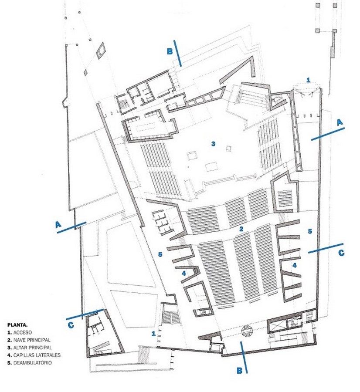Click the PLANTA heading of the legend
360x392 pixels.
click(17, 325)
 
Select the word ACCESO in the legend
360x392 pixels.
click(23, 332)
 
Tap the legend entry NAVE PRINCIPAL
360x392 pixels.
click(32, 340)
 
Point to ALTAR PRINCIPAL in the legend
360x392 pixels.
click(33, 348)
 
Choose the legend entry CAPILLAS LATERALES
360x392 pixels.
click(37, 355)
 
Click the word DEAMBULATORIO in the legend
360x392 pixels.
click(33, 362)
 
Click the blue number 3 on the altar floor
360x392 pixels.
click(213, 144)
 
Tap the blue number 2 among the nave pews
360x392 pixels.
click(241, 229)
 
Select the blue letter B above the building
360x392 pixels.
click(170, 51)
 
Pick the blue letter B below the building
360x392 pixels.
click(239, 370)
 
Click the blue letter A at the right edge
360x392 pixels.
click(340, 122)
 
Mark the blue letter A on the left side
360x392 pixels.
click(58, 225)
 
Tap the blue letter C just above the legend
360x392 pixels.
click(71, 325)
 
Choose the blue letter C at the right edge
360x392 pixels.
click(341, 253)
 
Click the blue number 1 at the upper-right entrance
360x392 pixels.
click(308, 80)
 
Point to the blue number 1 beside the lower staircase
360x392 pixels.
click(153, 334)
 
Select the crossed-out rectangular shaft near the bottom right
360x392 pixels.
click(277, 326)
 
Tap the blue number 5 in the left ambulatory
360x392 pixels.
click(160, 254)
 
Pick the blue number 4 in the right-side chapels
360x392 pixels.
click(295, 265)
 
